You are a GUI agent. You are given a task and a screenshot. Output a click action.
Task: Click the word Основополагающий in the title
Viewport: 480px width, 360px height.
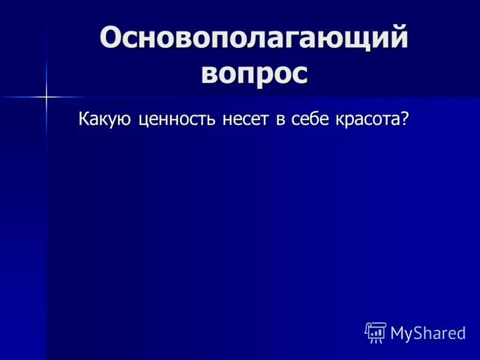pos(254,39)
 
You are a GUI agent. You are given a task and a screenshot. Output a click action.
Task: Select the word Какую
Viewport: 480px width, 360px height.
pos(106,119)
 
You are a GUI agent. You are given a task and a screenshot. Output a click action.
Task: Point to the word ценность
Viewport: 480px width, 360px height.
pos(178,119)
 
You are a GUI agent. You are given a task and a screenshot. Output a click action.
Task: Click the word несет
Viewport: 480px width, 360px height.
pos(246,119)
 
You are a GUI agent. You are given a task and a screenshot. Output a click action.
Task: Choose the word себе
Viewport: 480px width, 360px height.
pos(309,119)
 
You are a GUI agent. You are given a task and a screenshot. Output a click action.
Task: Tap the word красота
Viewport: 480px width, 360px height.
pos(367,119)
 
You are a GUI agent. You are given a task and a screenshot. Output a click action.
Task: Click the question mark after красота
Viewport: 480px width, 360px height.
pos(405,119)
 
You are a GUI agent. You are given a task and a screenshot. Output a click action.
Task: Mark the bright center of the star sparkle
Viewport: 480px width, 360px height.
pos(46,96)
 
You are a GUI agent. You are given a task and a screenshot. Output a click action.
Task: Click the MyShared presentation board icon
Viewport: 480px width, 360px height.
pos(376,332)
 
